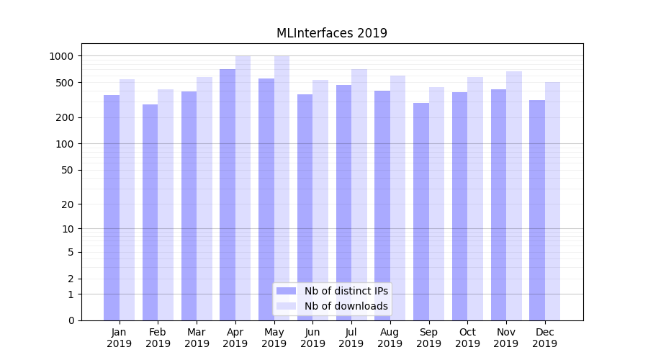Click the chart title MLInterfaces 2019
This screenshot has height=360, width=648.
click(x=332, y=33)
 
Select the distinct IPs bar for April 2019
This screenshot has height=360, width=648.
click(x=228, y=194)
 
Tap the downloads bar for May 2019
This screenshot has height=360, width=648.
click(x=282, y=188)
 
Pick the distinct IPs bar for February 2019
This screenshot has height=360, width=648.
click(x=150, y=212)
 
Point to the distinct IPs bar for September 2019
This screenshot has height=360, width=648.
click(x=421, y=212)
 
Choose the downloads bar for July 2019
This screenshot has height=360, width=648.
click(x=359, y=194)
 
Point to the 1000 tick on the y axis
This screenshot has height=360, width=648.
click(x=62, y=56)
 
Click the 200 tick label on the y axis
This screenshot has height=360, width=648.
click(x=65, y=117)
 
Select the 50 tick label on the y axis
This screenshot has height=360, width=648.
click(x=68, y=170)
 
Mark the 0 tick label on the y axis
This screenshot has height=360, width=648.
click(x=71, y=320)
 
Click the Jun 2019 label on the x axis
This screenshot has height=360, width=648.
click(x=312, y=338)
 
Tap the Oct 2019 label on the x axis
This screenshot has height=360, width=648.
click(x=467, y=338)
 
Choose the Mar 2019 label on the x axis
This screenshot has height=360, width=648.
click(x=197, y=338)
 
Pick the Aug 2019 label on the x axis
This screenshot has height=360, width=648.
click(x=390, y=338)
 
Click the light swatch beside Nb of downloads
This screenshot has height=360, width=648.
click(x=286, y=306)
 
